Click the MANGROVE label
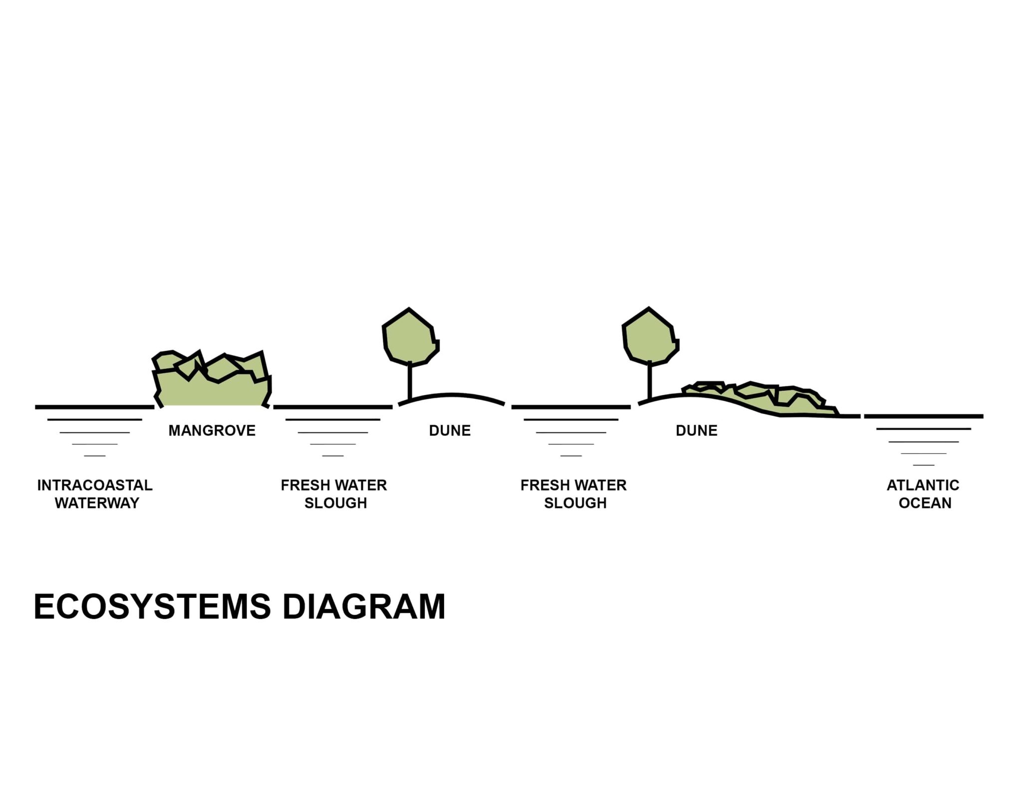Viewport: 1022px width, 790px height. tap(212, 430)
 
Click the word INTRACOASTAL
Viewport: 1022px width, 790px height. tap(95, 485)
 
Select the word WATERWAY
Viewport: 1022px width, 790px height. tap(97, 503)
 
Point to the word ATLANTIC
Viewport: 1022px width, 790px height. tap(923, 485)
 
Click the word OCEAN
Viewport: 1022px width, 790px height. tap(925, 503)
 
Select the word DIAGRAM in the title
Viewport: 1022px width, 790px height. tap(364, 607)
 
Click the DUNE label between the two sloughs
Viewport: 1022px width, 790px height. tap(450, 430)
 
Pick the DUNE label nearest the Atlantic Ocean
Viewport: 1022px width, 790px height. tap(696, 430)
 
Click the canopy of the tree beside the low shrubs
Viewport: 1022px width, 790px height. tap(650, 337)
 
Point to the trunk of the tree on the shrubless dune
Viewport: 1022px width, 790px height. tap(410, 382)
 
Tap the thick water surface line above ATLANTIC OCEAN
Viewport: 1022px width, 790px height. tap(923, 416)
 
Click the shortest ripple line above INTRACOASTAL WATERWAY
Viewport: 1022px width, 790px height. tap(95, 456)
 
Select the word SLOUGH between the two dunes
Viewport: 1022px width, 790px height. tap(575, 503)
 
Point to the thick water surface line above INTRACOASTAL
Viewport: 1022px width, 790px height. tap(95, 407)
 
